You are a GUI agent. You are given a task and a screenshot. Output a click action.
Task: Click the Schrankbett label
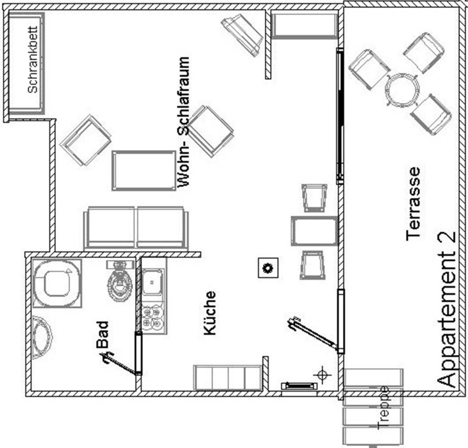pos(33,60)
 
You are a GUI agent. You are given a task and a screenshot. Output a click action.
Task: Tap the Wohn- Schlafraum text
pos(184,122)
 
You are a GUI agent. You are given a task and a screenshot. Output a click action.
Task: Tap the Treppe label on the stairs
pos(383,407)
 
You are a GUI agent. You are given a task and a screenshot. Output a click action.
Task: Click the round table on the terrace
pos(402,90)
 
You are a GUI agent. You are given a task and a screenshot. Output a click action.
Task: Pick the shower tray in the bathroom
pos(57,283)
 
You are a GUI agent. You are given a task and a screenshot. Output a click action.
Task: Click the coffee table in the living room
pos(143,170)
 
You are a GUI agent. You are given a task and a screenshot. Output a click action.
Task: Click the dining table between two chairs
pos(314,231)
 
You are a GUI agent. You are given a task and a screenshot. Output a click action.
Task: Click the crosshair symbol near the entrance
pos(322,375)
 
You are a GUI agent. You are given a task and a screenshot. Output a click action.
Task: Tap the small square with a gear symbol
pos(268,268)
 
